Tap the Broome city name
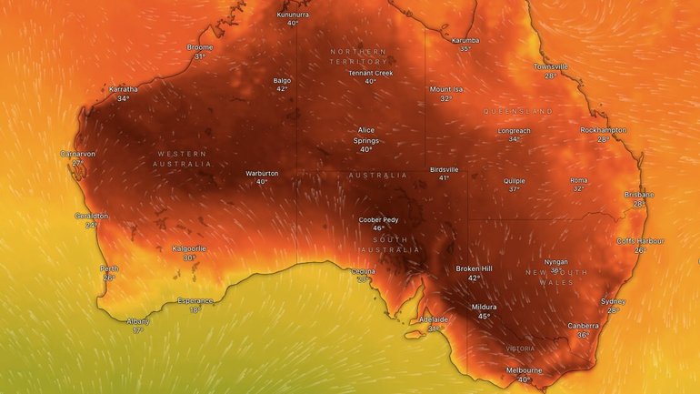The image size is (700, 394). click(x=200, y=46)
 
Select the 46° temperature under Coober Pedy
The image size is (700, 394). click(x=377, y=227)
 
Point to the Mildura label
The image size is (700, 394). click(x=484, y=307)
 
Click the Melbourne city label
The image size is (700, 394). click(x=524, y=369)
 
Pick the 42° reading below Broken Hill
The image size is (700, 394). click(x=474, y=278)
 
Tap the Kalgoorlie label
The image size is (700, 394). click(x=189, y=248)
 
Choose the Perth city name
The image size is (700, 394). click(x=109, y=268)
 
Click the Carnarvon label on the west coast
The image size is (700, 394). click(x=78, y=154)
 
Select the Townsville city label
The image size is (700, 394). click(x=550, y=66)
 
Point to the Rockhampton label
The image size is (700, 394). click(x=603, y=130)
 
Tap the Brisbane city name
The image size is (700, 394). click(x=639, y=195)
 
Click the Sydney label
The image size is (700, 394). click(x=613, y=301)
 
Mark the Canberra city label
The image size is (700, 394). click(x=583, y=325)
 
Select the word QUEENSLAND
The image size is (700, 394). click(x=518, y=111)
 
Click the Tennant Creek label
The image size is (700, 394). click(x=370, y=73)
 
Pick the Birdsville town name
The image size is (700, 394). click(x=444, y=168)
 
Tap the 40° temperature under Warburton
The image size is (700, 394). click(x=262, y=181)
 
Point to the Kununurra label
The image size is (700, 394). click(x=293, y=14)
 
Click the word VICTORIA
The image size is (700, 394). click(x=520, y=349)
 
